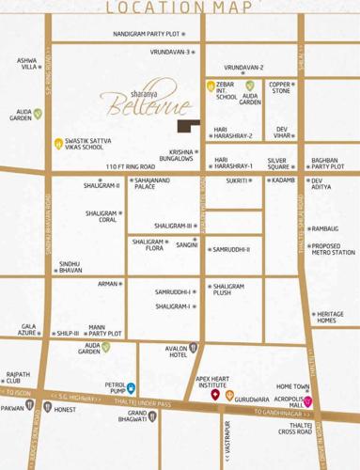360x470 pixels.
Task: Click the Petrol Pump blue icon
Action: point(132,387)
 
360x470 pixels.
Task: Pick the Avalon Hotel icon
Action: point(193,347)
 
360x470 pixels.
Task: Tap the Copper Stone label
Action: point(280,87)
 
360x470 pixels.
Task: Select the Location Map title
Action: point(180,8)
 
